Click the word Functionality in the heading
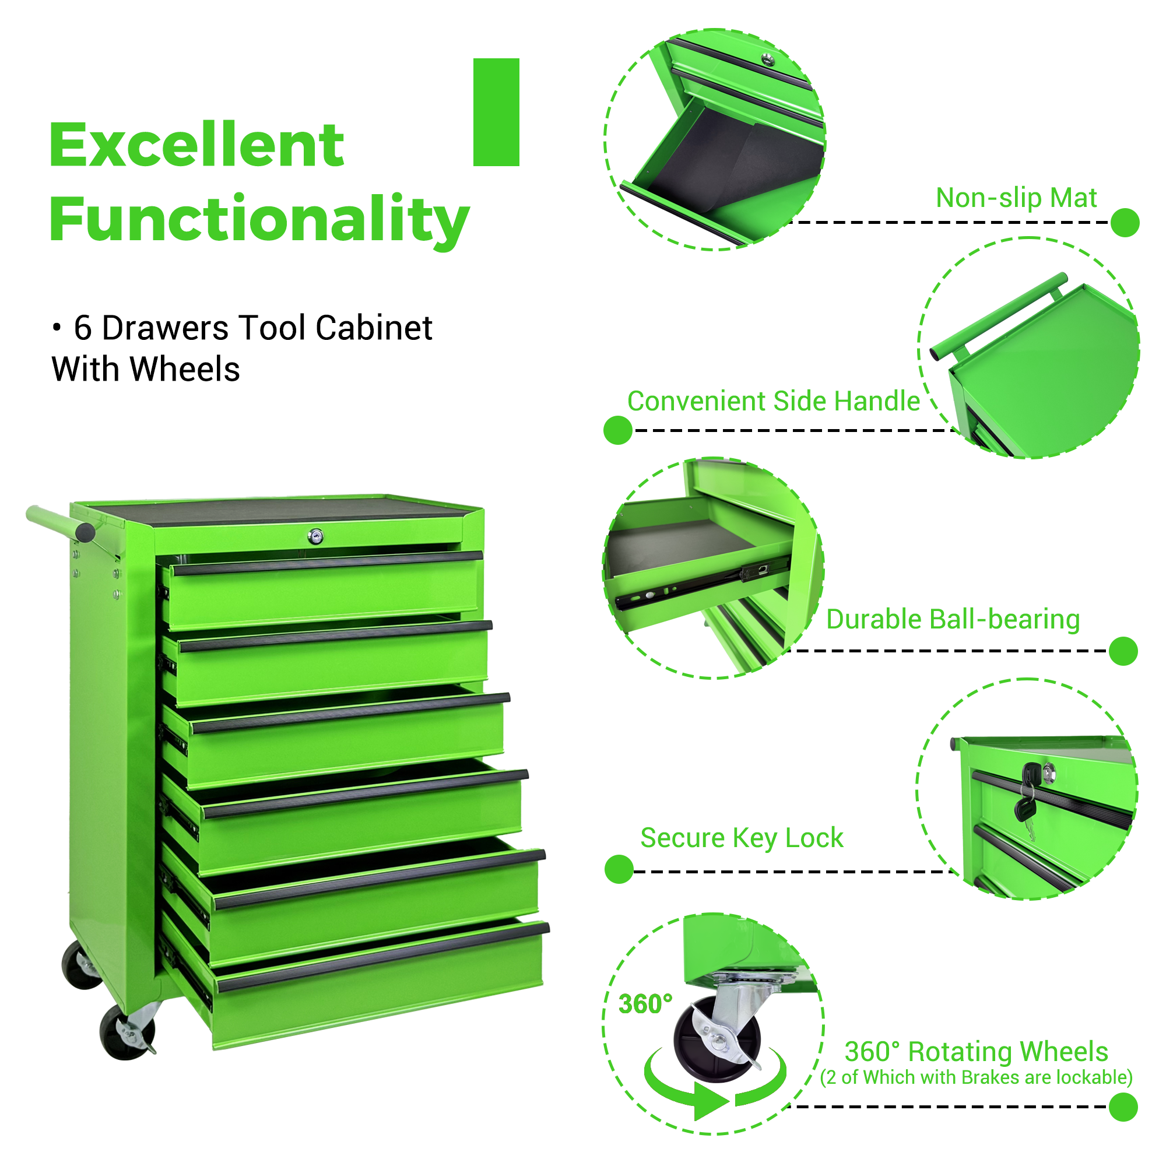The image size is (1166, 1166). click(x=259, y=220)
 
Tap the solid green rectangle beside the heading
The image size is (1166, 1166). click(x=496, y=113)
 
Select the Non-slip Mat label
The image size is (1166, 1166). click(x=1016, y=198)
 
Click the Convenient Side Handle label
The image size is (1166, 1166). click(x=773, y=401)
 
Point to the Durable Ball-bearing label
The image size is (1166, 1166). click(x=953, y=620)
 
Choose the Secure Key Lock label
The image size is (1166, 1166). click(x=742, y=838)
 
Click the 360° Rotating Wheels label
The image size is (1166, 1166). click(x=976, y=1051)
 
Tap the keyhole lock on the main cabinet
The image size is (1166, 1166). click(x=315, y=536)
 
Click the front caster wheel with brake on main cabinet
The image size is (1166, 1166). click(x=127, y=1032)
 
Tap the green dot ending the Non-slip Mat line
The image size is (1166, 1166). click(x=1125, y=223)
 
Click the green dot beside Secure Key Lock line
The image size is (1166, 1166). click(x=619, y=869)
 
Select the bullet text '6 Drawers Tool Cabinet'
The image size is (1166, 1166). click(x=253, y=328)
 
